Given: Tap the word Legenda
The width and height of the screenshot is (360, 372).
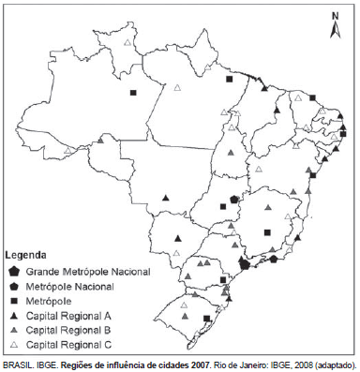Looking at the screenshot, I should (x=26, y=254).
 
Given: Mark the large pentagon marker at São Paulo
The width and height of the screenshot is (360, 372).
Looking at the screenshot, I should (x=244, y=264).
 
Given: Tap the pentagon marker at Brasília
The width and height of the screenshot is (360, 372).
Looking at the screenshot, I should (x=234, y=199).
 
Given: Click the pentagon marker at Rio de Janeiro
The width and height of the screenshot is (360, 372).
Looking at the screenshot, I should (x=273, y=260).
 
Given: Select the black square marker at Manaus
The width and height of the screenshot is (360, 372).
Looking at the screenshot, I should (x=133, y=92).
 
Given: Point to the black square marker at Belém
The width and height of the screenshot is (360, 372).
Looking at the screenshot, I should (x=230, y=81).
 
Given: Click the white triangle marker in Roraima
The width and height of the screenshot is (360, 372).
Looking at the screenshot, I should (x=177, y=88).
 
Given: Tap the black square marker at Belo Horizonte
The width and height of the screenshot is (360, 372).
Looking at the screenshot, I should (x=267, y=231).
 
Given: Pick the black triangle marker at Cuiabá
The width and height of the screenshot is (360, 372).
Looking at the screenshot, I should (x=165, y=198).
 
